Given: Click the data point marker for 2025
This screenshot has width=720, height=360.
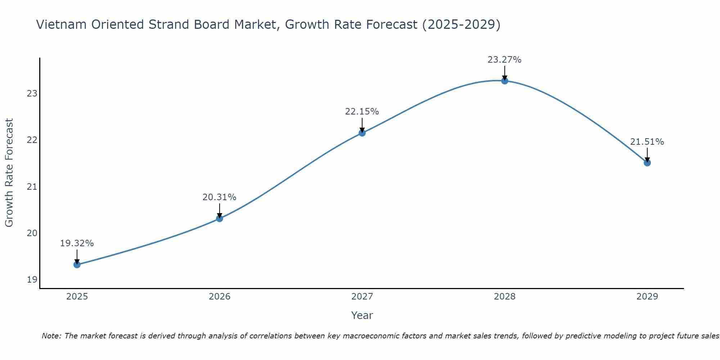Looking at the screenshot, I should (77, 265).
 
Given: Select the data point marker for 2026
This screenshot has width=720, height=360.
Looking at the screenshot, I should (220, 218).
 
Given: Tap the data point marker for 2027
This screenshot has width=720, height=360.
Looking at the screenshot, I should (362, 133).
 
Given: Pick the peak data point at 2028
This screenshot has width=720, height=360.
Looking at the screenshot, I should (505, 81).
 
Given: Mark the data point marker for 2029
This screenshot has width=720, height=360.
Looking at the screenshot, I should (647, 163).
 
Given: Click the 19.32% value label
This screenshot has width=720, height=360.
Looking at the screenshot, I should (77, 243).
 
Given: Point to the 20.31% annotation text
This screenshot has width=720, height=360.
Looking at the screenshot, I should (219, 197).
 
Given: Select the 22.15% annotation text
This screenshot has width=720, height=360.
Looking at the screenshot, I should (362, 112).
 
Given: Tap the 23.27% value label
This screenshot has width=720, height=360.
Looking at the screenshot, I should (504, 60).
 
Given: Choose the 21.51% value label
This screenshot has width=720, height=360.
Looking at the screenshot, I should (647, 142).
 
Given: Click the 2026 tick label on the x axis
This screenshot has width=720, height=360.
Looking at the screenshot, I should (220, 297).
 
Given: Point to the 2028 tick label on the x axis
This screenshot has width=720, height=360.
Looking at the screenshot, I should (505, 297).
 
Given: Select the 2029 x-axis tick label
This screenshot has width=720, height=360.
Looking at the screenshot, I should (647, 297).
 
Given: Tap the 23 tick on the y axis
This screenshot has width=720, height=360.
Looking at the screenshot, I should (32, 94).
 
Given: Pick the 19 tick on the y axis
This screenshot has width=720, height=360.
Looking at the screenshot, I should (32, 280).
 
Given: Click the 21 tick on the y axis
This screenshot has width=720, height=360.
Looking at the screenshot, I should (32, 187).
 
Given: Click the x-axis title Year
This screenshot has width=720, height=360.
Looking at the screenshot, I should (362, 315).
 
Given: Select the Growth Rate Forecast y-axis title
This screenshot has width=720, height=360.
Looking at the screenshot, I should (9, 173).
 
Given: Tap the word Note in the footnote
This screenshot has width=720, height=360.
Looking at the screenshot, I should (51, 336).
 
